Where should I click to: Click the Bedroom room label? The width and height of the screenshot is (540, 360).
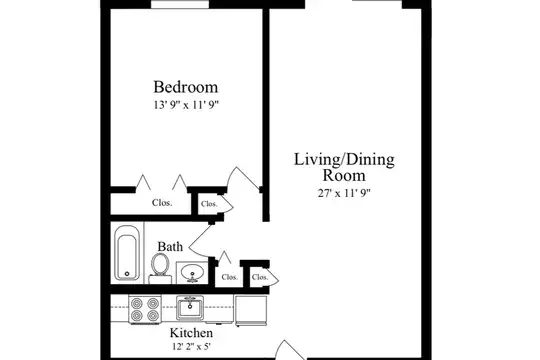click(186, 87)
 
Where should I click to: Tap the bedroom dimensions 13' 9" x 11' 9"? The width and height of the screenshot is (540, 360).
click(186, 105)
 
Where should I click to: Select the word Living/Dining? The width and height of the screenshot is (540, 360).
click(344, 160)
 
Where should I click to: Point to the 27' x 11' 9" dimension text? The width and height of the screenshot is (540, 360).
click(344, 193)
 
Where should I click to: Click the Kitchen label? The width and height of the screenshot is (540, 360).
click(191, 333)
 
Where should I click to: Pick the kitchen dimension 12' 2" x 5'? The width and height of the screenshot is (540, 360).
click(191, 346)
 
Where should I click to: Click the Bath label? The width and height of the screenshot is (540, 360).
click(170, 247)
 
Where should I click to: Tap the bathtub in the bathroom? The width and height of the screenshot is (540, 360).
click(127, 253)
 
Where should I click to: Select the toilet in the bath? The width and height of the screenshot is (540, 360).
click(160, 269)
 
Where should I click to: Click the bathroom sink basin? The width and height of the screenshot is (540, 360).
click(192, 272)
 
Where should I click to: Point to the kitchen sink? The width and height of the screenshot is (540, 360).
click(190, 308)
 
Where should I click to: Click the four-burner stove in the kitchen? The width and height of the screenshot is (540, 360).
click(145, 309)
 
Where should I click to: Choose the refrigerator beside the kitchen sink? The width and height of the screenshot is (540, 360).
click(251, 310)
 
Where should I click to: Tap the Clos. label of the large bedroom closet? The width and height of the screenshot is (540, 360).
click(162, 203)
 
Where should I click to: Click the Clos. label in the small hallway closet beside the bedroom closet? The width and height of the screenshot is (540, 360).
click(209, 204)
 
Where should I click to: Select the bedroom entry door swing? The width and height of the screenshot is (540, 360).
click(243, 177)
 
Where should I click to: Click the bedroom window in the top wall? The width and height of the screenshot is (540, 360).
click(180, 4)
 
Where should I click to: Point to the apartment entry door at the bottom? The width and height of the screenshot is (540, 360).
click(290, 350)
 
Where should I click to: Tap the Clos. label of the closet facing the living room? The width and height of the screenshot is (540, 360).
click(260, 277)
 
